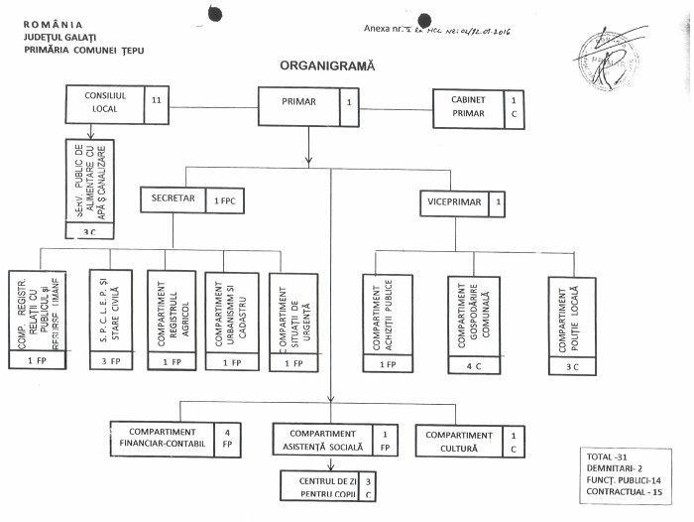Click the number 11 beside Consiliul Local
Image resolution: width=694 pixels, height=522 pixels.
click(157, 99)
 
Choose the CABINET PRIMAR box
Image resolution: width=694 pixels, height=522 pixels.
click(468, 106)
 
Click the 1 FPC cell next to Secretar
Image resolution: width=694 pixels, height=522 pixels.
click(226, 201)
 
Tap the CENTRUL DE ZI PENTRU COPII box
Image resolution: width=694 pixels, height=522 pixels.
click(318, 486)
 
